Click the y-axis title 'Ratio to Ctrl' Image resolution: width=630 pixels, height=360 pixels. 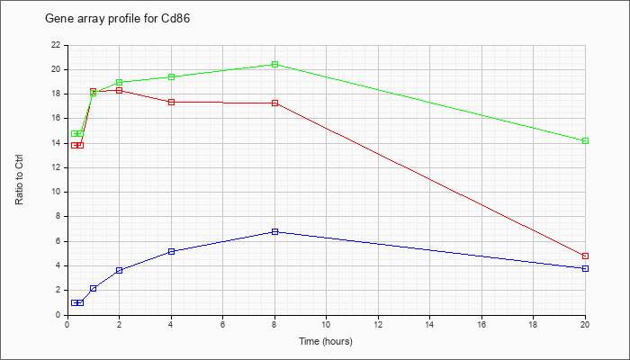20,179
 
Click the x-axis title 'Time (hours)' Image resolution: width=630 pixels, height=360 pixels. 326,342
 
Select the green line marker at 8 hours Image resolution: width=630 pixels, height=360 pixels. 274,65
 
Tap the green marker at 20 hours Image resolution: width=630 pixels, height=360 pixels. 585,140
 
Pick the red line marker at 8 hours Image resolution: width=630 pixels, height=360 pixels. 274,103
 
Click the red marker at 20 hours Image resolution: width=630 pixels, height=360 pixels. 585,256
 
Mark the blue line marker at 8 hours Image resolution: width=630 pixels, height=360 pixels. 274,231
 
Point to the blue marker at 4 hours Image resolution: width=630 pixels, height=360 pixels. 171,251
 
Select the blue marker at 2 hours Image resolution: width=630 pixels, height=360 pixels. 119,270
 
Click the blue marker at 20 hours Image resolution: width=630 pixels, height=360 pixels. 585,268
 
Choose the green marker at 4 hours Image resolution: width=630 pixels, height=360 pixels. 171,76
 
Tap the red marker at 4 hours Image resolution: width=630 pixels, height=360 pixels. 171,102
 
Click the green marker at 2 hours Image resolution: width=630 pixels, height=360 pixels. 119,82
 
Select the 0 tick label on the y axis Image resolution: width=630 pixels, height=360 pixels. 58,315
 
